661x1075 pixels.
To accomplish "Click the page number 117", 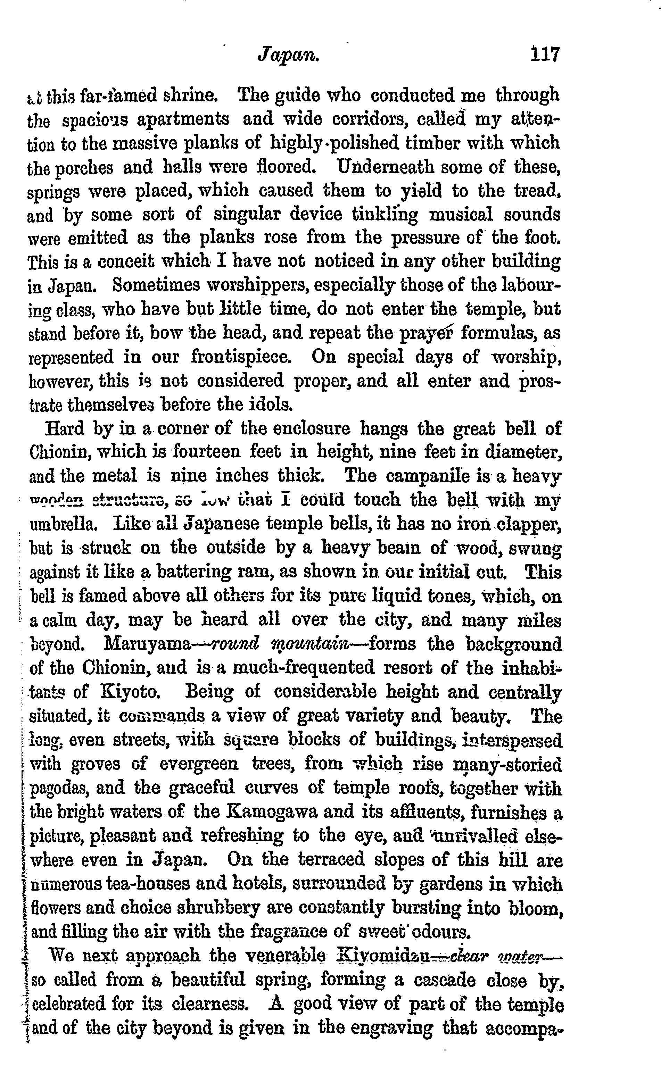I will (x=544, y=55).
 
